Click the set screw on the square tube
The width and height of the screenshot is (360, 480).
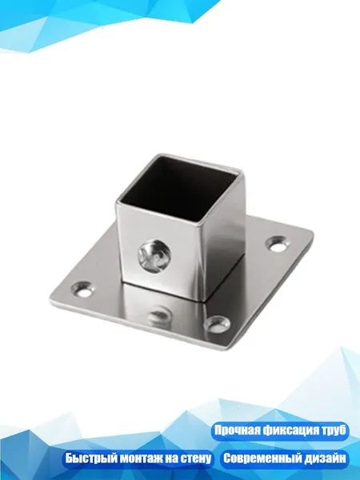[154, 256]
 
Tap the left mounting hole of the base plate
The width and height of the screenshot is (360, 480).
[82, 288]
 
